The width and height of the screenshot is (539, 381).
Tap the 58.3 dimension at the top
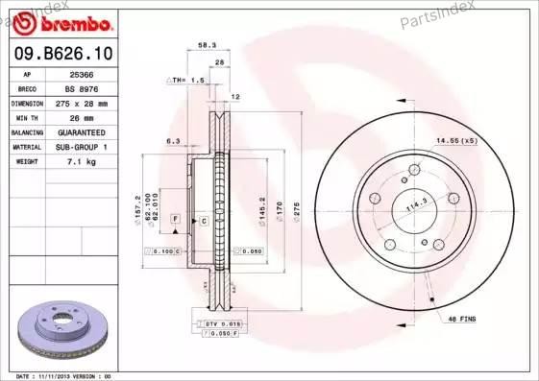[x=207, y=44]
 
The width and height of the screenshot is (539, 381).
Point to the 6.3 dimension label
[x=173, y=141]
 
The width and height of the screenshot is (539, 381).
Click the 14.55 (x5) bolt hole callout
[x=455, y=141]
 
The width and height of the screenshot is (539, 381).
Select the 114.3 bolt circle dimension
[x=415, y=203]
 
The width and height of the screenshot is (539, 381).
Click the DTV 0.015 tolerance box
[x=221, y=326]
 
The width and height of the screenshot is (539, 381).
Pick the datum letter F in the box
[x=176, y=220]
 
